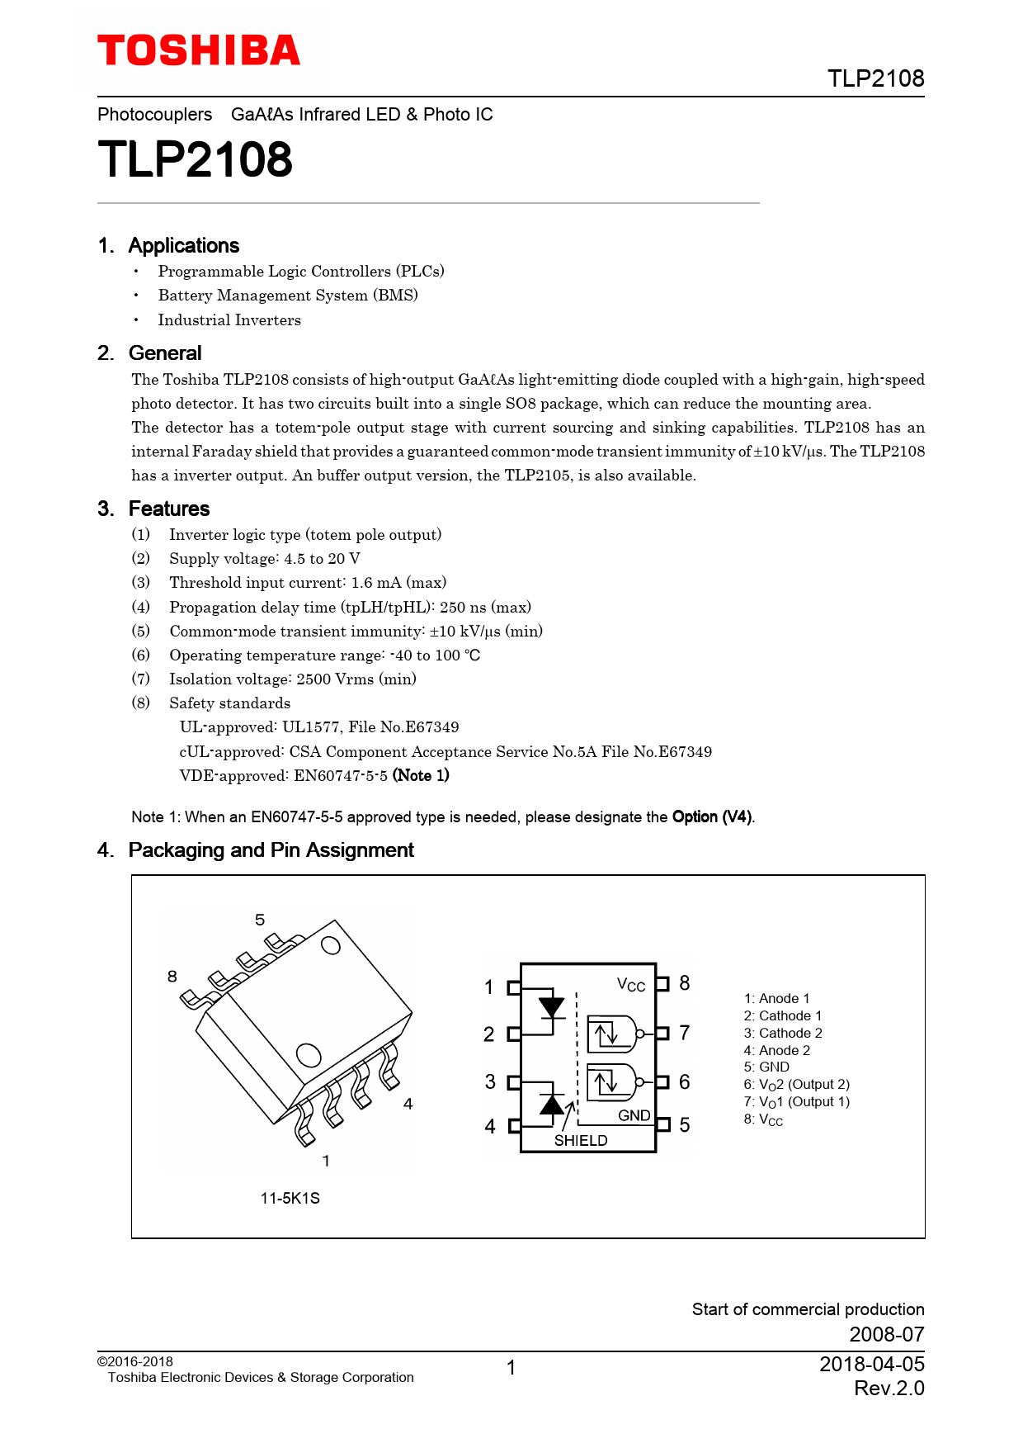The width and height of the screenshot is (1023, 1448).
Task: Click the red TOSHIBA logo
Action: (x=199, y=50)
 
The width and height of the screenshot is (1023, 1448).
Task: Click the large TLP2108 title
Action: (x=195, y=159)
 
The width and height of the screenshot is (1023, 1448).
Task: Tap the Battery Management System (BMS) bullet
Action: (x=288, y=295)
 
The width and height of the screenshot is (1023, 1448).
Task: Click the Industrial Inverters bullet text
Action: (x=229, y=319)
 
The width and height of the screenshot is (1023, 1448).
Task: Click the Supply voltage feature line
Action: (x=265, y=559)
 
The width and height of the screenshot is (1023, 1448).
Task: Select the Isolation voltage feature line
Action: (x=293, y=679)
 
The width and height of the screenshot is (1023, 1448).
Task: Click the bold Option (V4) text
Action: (x=712, y=816)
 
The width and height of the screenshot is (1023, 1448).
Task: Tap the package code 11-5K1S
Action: (x=290, y=1198)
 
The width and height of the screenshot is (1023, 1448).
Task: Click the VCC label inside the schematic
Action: (x=631, y=985)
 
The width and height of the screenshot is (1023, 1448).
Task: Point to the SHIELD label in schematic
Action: (x=581, y=1140)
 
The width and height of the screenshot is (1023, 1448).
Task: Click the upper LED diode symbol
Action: (x=551, y=1007)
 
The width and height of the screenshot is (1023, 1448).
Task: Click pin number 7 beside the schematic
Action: (x=685, y=1033)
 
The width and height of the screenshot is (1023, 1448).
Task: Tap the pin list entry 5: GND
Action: (x=766, y=1067)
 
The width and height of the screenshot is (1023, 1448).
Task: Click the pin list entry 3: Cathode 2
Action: (x=783, y=1033)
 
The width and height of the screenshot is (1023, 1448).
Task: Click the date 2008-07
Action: (x=887, y=1334)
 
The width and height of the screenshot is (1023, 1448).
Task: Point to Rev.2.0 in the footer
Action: (x=889, y=1388)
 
